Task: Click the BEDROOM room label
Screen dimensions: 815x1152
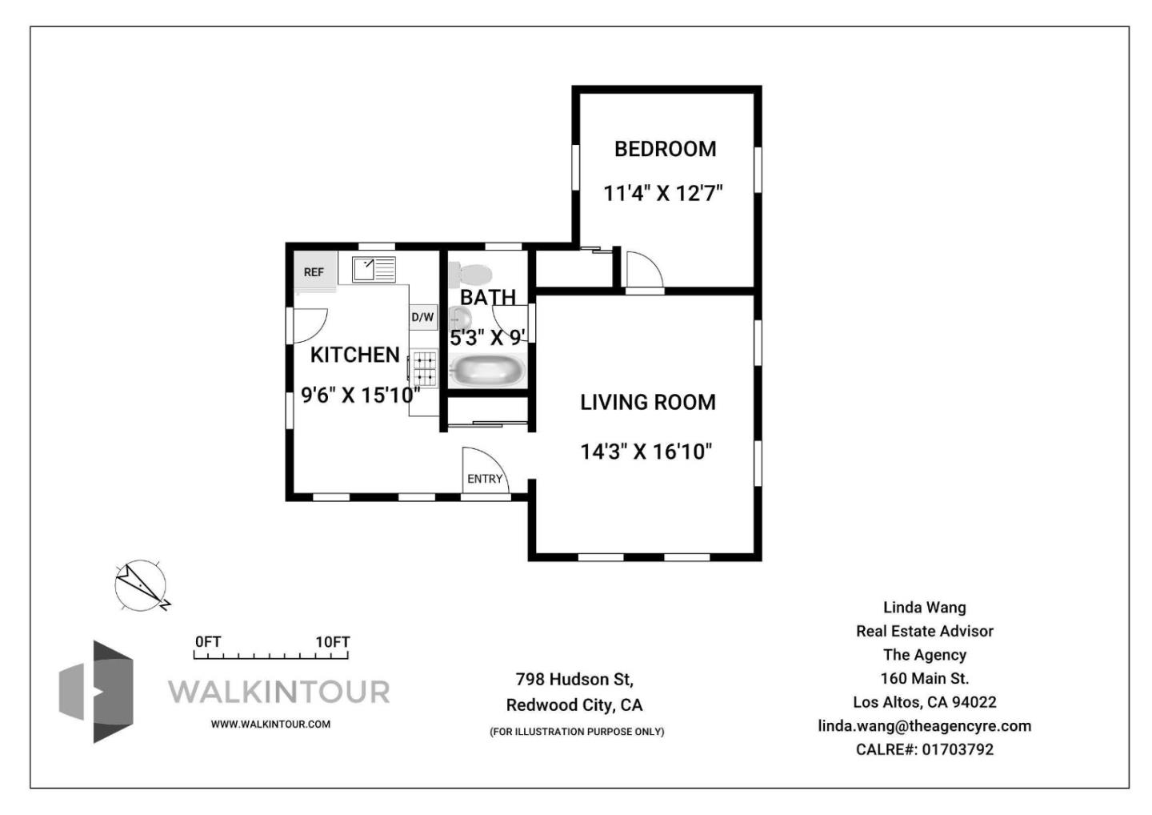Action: point(665,149)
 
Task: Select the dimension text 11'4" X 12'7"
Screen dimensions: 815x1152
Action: point(662,194)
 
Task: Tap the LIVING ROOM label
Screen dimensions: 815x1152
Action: point(647,402)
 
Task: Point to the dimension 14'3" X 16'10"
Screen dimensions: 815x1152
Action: point(646,452)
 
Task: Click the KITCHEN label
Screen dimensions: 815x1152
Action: point(354,355)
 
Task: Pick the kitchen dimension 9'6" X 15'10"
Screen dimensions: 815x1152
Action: point(360,395)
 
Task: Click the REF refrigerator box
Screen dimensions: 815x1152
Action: point(314,272)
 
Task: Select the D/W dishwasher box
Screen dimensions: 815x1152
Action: point(422,317)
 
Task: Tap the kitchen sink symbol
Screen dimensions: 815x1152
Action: point(374,269)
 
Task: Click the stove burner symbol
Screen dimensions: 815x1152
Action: point(425,368)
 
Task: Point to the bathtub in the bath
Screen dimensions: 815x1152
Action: point(487,371)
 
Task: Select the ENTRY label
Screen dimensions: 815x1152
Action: point(485,479)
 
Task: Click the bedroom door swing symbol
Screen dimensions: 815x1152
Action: point(644,269)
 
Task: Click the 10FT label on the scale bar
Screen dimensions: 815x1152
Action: point(332,642)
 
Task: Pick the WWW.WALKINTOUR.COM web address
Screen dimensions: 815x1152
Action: point(270,724)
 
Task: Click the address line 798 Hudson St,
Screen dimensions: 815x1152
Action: point(574,679)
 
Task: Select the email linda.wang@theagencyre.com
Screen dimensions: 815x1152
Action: point(924,726)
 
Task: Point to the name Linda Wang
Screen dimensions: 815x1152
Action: point(924,608)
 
